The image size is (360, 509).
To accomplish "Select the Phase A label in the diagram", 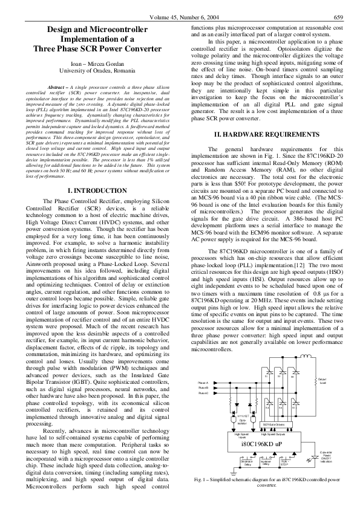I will (203, 383).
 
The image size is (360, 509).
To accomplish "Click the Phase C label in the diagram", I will (203, 393).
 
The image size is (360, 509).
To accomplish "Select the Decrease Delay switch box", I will (245, 463).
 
